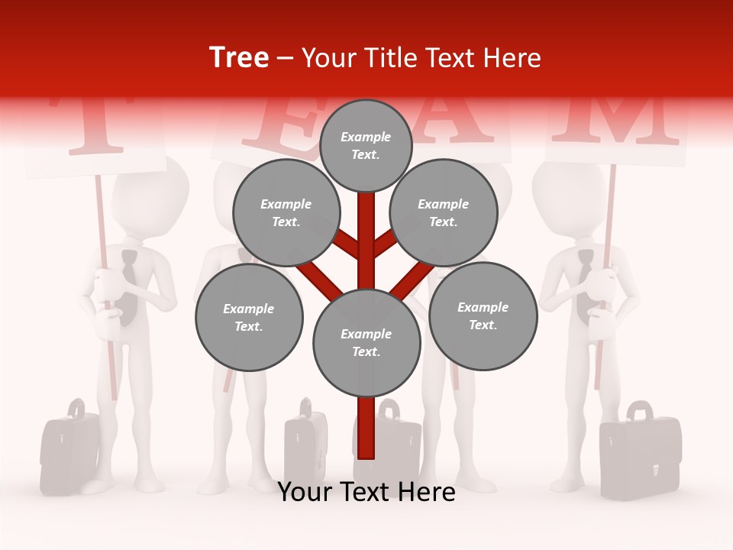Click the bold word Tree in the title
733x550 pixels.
click(239, 58)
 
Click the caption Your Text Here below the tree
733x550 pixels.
click(366, 492)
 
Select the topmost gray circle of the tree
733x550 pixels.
click(366, 145)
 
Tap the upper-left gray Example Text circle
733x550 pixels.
click(286, 213)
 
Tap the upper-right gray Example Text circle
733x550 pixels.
click(444, 213)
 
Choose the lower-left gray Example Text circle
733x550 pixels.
click(249, 318)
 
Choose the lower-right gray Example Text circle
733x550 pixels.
click(483, 315)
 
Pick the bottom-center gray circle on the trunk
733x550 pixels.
click(366, 343)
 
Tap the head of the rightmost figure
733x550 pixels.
click(569, 200)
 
